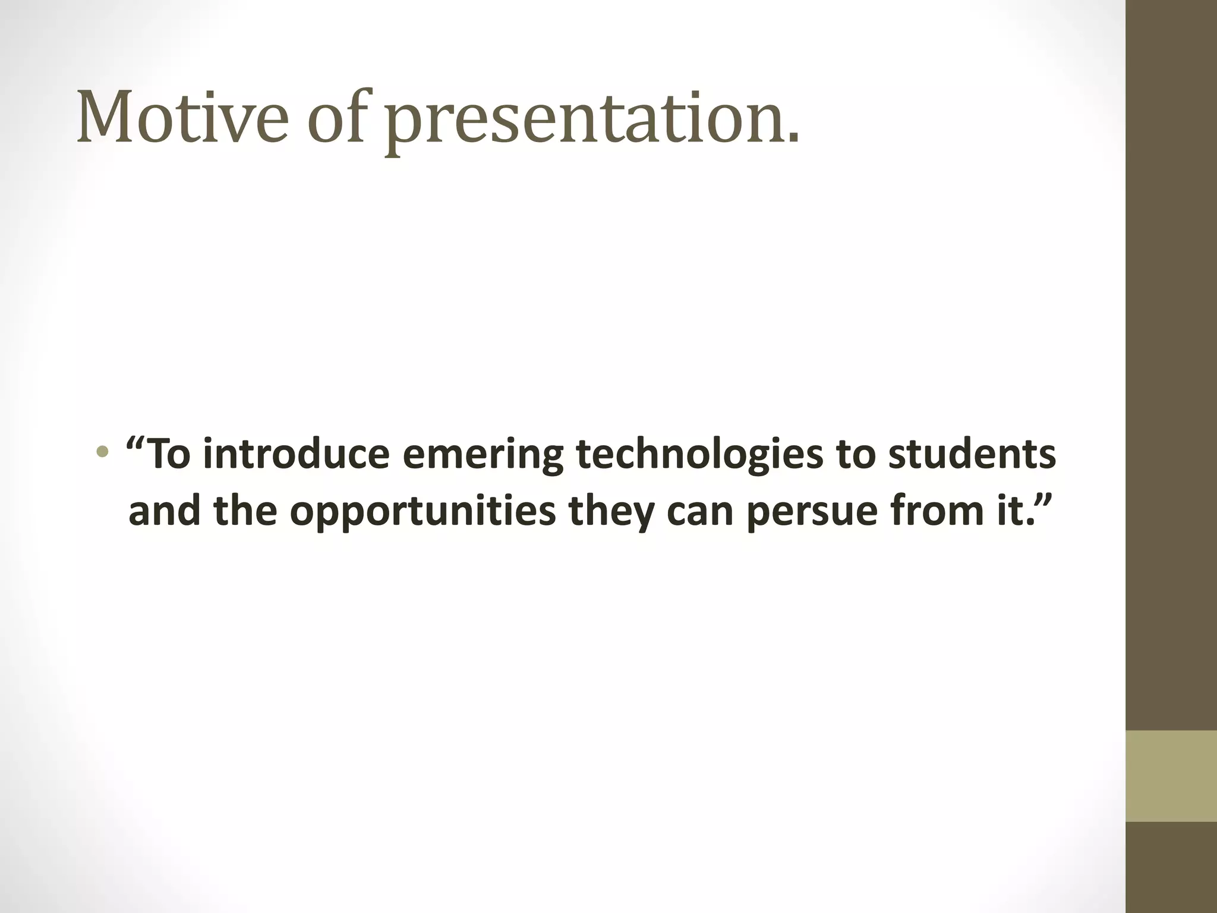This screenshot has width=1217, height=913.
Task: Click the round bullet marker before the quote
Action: (102, 452)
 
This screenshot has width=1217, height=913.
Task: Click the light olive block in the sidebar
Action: (1171, 776)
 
